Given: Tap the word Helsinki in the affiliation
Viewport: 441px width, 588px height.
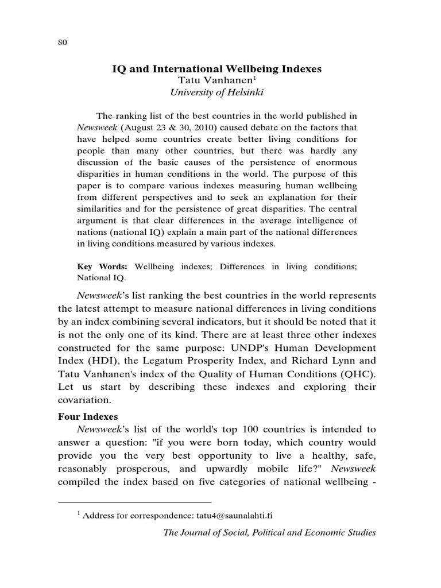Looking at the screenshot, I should pos(247,92).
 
